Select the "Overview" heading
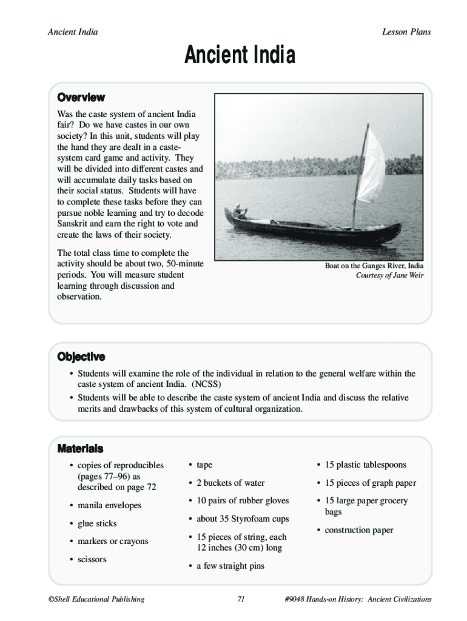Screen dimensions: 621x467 point(81,98)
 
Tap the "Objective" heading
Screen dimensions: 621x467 point(81,357)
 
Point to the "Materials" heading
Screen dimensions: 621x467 point(80,449)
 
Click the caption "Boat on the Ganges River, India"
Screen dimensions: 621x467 point(374,266)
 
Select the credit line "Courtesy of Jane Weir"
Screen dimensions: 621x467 point(389,275)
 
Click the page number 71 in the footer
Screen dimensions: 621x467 point(240,599)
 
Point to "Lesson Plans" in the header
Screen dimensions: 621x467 point(406,32)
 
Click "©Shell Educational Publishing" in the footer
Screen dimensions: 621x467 point(96,599)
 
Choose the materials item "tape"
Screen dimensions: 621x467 point(204,465)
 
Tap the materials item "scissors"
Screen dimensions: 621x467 point(92,559)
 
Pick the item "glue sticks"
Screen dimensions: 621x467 point(97,523)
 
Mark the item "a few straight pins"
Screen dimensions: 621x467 point(230,566)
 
